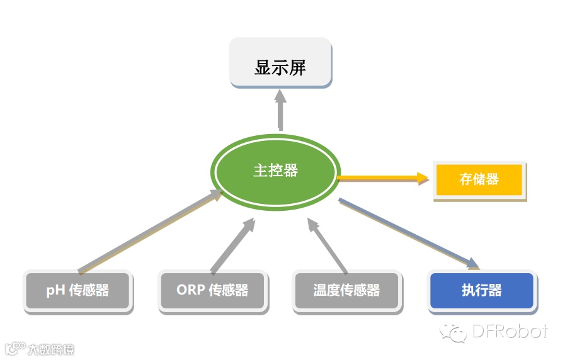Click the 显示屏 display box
tap(280, 63)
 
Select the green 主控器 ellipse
tap(276, 171)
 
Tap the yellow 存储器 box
tap(479, 179)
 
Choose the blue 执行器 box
tap(482, 291)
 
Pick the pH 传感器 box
tap(77, 291)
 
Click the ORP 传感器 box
tap(212, 291)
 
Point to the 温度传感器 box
tap(346, 291)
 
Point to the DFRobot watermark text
tap(508, 331)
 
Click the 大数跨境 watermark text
tap(50, 349)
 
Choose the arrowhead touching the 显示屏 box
tap(280, 95)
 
